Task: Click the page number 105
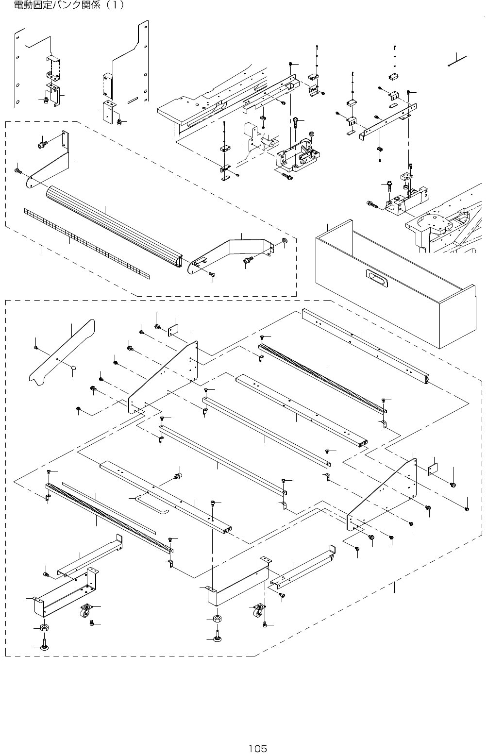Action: tap(257, 749)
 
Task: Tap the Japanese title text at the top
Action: tap(69, 5)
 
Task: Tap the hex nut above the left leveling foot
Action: tap(44, 628)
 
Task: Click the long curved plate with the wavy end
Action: tap(62, 353)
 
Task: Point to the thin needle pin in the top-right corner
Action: tap(457, 61)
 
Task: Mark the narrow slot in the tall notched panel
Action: tap(133, 100)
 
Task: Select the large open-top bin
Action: tap(396, 284)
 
